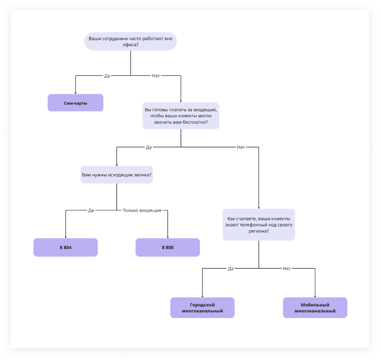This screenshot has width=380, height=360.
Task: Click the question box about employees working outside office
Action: tap(130, 41)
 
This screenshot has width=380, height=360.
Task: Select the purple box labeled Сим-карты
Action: tap(76, 102)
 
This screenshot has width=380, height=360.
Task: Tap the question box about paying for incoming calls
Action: tap(181, 116)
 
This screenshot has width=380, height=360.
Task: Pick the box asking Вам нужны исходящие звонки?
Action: tap(116, 175)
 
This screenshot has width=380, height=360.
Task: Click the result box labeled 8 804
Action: tap(65, 247)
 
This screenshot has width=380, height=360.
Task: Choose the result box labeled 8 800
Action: tap(167, 247)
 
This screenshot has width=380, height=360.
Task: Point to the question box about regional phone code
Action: tap(258, 224)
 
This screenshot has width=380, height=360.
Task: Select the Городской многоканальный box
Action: tap(202, 308)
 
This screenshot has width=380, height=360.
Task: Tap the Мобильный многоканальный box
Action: tap(315, 308)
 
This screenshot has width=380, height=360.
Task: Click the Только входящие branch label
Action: tap(142, 210)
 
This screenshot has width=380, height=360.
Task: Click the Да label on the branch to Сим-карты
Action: tap(107, 76)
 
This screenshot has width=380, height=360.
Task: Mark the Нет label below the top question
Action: tap(156, 76)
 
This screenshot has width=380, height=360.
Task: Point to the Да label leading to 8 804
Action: tap(91, 210)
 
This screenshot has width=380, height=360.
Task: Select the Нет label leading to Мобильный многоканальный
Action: tap(287, 268)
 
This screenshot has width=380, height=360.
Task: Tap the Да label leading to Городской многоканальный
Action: tap(231, 268)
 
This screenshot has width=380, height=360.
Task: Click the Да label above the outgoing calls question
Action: tap(148, 147)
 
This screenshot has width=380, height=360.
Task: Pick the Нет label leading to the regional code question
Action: tap(241, 147)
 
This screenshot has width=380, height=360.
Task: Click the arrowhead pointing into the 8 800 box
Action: tap(167, 236)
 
